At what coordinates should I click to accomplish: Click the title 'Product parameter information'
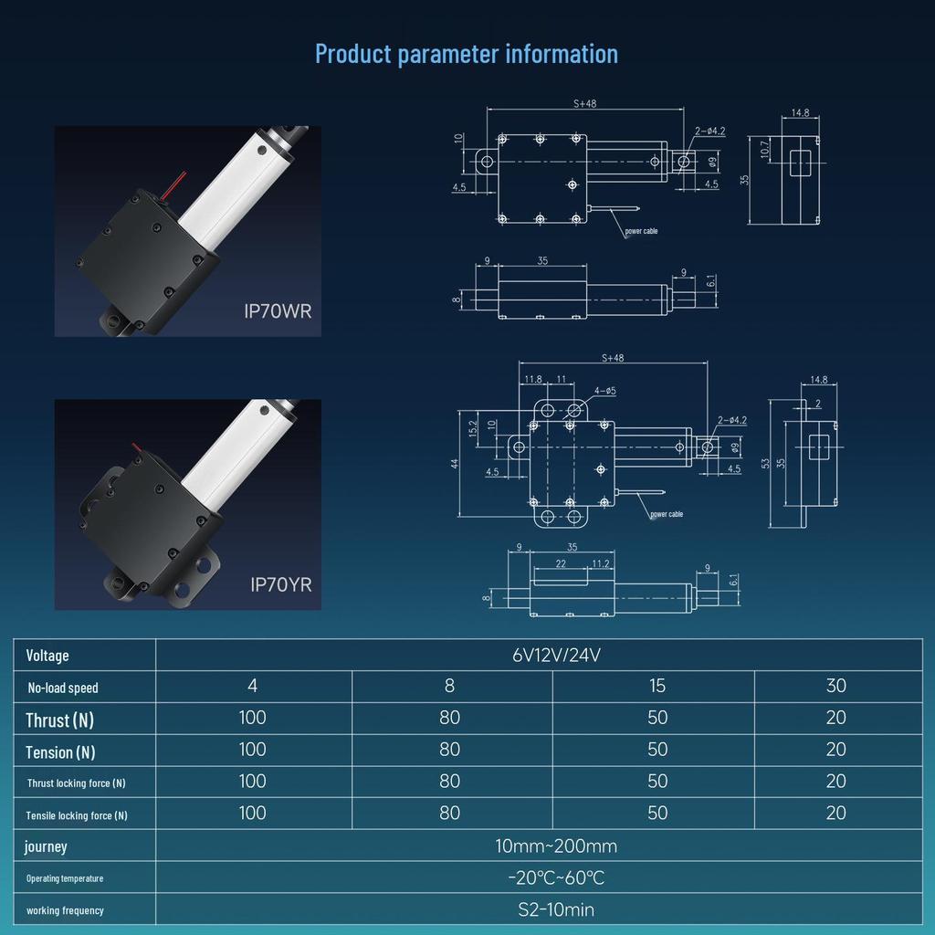point(467,54)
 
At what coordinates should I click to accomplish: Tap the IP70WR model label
point(278,311)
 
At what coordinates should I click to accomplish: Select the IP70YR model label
point(280,584)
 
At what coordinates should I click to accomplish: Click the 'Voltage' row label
point(47,656)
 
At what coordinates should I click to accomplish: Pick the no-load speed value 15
point(657,687)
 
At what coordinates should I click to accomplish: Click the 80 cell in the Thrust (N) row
point(449,718)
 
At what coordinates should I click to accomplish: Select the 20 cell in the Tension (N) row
point(835,750)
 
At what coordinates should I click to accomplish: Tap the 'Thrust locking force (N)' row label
point(77,783)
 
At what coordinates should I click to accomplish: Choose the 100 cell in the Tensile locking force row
point(252,814)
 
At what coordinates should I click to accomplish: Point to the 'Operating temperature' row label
point(65,878)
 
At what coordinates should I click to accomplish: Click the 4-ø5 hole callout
point(604,391)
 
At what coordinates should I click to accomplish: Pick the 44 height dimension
point(455,464)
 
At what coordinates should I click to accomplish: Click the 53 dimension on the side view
point(765,464)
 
